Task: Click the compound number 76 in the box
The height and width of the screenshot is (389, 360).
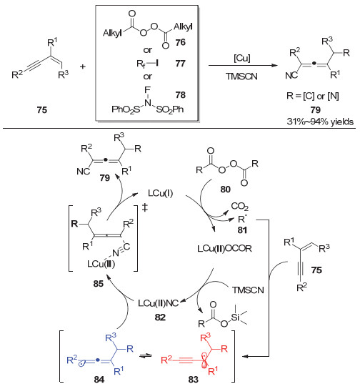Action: point(180,42)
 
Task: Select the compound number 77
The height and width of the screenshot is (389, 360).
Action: point(180,64)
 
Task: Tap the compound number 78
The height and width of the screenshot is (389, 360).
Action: point(180,95)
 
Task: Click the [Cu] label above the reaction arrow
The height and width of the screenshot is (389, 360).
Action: point(242,59)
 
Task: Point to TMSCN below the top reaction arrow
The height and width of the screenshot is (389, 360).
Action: point(241,77)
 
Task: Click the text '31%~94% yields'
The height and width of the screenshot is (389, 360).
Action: point(320,122)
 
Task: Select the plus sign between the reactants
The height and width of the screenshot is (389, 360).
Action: point(83,67)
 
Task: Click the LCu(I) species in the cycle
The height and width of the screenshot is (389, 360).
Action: point(160,193)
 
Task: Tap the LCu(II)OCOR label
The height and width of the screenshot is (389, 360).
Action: point(224,248)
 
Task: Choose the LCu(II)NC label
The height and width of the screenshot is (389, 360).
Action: point(158,303)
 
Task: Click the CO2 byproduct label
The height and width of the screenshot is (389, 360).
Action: point(239,207)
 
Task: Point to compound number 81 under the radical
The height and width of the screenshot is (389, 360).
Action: point(242,230)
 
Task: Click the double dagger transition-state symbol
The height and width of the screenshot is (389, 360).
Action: point(145,207)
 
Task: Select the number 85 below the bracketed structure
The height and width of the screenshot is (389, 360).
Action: point(99,283)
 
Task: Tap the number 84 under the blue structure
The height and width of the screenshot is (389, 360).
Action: point(99,380)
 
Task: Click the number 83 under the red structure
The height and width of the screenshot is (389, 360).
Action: point(194,380)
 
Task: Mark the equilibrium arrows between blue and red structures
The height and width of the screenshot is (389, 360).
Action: point(146,356)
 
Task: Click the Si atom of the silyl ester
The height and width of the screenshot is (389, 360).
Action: point(235,317)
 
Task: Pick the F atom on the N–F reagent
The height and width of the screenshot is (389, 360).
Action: point(147,89)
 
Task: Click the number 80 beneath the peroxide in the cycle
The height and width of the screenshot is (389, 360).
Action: point(225,189)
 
